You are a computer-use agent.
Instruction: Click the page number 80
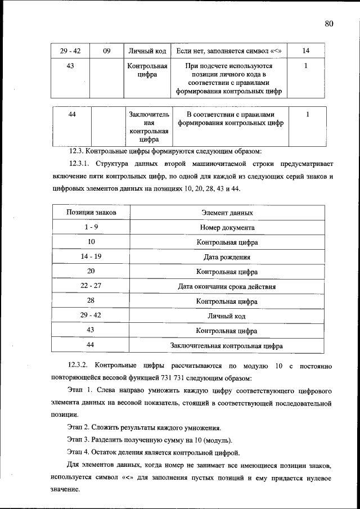coord(329,23)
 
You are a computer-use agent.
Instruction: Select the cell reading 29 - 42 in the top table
coord(70,51)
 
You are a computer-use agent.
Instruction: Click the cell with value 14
coord(305,51)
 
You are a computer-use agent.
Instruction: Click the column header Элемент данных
coord(227,213)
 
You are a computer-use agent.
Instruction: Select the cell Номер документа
coord(227,228)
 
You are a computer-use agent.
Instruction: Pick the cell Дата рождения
coord(227,257)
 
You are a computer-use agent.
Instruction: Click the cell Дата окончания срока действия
coord(227,286)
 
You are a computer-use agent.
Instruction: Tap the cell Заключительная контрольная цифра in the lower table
coord(227,345)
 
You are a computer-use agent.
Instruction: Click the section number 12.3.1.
coord(80,164)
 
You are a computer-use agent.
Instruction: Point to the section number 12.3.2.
coord(80,366)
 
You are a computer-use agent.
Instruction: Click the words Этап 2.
coord(78,428)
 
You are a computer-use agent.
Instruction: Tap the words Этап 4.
coord(78,452)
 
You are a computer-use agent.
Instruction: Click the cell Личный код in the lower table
coord(227,316)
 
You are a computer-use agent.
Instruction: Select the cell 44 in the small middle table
coord(72,115)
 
